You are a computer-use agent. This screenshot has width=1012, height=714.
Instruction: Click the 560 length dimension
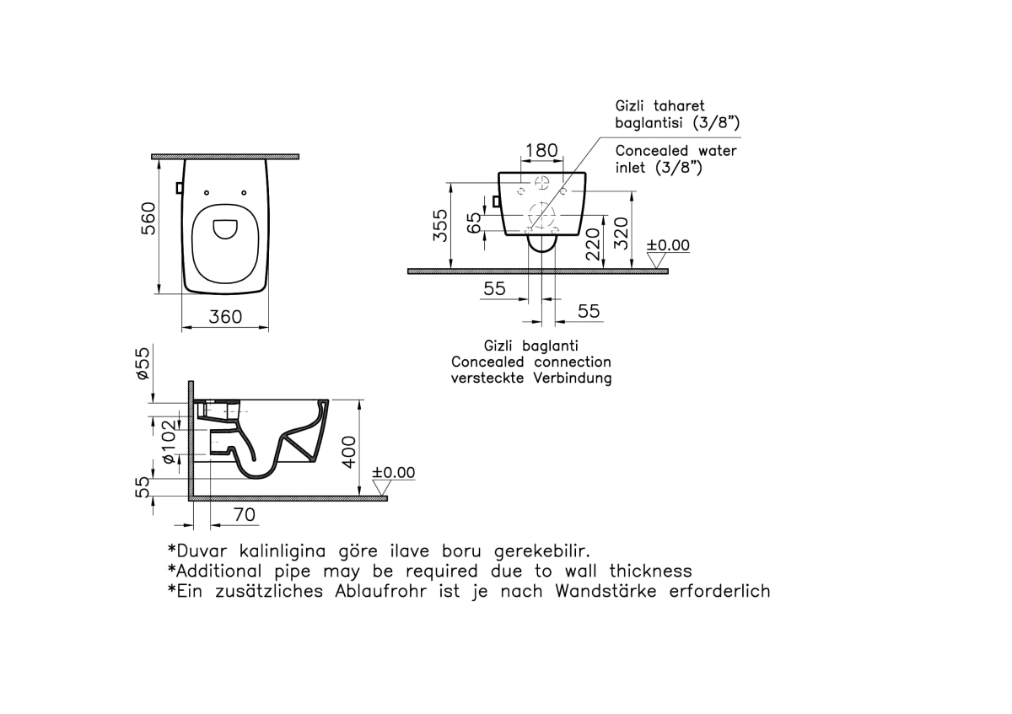(x=148, y=218)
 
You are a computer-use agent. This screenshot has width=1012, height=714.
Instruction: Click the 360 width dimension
(x=225, y=317)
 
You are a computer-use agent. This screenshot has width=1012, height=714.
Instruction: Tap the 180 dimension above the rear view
(x=541, y=150)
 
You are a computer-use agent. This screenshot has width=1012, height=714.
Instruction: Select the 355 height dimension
(x=440, y=225)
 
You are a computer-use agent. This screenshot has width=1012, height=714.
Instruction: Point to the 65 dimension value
(x=474, y=223)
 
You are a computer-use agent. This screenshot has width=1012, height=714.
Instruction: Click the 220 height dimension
(x=593, y=244)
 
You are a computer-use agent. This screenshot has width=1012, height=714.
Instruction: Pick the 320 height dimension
(x=622, y=234)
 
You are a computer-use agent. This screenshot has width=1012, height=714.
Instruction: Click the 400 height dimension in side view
(x=349, y=452)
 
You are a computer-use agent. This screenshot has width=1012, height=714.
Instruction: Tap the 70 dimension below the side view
(x=245, y=514)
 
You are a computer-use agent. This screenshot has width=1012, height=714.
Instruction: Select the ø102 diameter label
(x=169, y=442)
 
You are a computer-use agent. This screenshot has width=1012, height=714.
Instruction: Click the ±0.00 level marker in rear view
(x=668, y=245)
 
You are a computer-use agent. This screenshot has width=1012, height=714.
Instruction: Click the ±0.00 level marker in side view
(x=393, y=472)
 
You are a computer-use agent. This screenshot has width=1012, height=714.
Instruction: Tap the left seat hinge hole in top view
(x=207, y=193)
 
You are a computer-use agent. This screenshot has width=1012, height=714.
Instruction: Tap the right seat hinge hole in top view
(x=244, y=193)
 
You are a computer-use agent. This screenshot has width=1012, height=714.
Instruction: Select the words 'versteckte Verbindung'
(x=531, y=378)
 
